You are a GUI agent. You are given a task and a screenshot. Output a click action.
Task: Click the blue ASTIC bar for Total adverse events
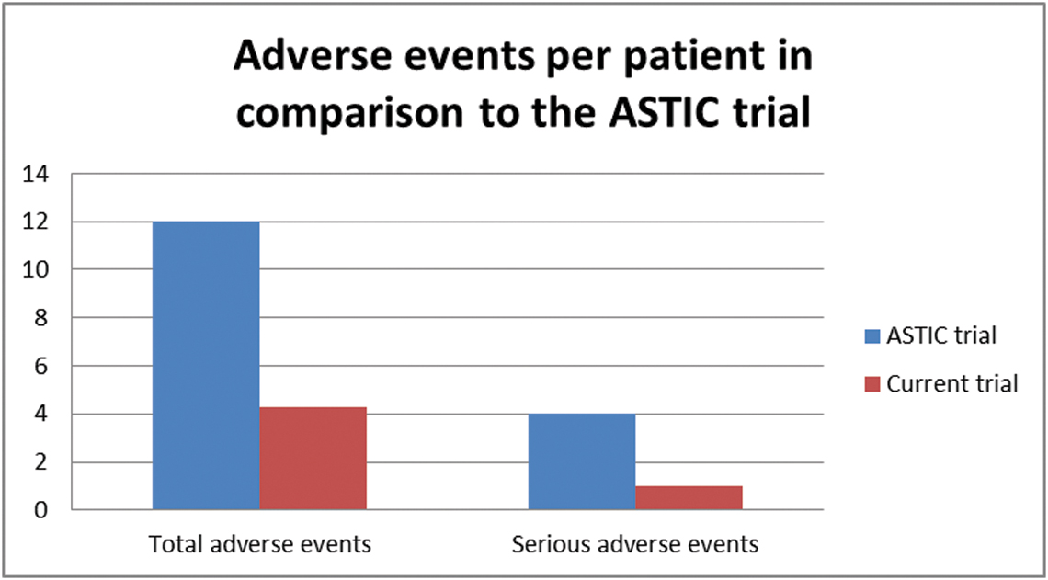pos(206,366)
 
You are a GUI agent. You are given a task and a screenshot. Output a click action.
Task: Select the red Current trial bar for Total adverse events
pos(313,459)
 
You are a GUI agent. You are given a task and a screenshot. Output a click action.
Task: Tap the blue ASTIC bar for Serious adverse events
pos(582,461)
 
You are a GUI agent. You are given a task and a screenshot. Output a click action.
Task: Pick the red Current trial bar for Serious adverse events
pos(689,498)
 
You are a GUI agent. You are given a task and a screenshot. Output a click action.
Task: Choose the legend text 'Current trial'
pos(951,384)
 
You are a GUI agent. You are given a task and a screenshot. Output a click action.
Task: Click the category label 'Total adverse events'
pos(259,544)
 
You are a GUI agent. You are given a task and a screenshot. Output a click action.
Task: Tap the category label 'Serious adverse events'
pos(635,544)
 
